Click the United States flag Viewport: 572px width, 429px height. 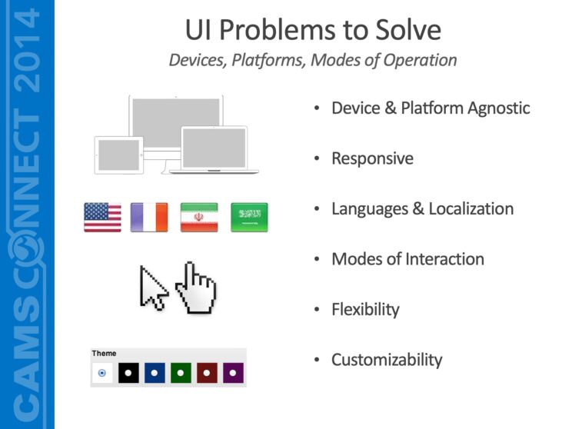pos(102,218)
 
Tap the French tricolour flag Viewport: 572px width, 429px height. pos(148,218)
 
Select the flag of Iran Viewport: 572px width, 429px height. pos(199,218)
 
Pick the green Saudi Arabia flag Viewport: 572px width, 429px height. pos(249,218)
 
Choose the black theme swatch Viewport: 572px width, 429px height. pos(128,373)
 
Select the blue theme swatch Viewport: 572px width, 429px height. pos(155,373)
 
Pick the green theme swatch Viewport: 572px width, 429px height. pos(181,373)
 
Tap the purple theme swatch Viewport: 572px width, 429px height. pos(233,373)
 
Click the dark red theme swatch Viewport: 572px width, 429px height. pos(207,373)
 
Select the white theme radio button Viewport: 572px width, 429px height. pos(102,373)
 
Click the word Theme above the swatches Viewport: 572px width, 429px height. pos(105,354)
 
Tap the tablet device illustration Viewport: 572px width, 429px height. pos(118,155)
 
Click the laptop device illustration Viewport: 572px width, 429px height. pos(214,149)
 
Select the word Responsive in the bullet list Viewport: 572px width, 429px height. pos(372,158)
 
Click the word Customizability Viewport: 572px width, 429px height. pos(387,359)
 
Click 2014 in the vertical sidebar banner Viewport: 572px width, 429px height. pos(28,49)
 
